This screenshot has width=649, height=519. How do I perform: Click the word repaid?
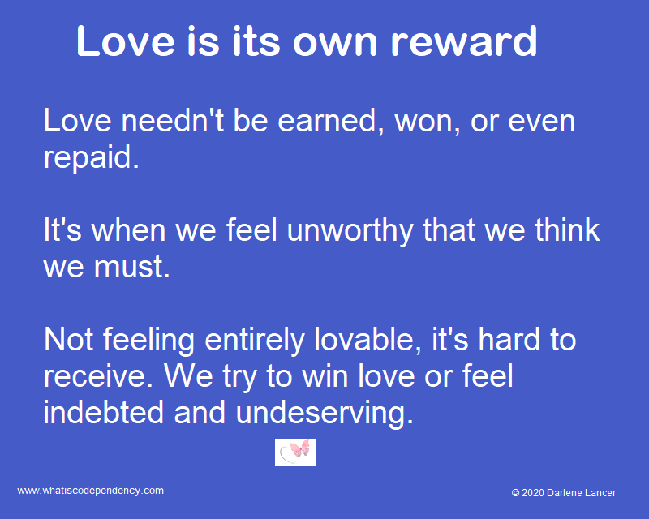pyautogui.click(x=91, y=157)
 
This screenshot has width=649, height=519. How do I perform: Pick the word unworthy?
pyautogui.click(x=341, y=229)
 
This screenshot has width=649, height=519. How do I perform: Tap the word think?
pyautogui.click(x=557, y=229)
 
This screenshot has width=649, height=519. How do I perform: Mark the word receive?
pyautogui.click(x=97, y=376)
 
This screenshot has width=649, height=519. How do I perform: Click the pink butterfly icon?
pyautogui.click(x=295, y=452)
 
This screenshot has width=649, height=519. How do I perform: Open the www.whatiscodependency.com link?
pyautogui.click(x=91, y=491)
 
